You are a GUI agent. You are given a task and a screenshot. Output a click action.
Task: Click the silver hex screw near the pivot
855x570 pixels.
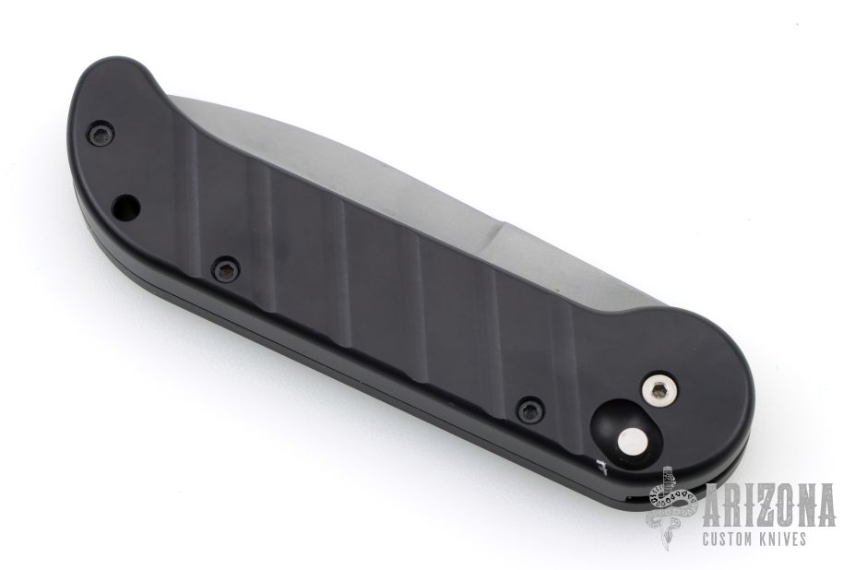tap(659, 389)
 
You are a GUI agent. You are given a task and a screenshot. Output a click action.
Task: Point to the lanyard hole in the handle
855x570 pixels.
tap(126, 208)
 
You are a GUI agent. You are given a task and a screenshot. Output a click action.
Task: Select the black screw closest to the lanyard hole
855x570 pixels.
tap(101, 133)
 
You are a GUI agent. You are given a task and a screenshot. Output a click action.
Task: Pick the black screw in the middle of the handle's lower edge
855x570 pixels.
tap(226, 267)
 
